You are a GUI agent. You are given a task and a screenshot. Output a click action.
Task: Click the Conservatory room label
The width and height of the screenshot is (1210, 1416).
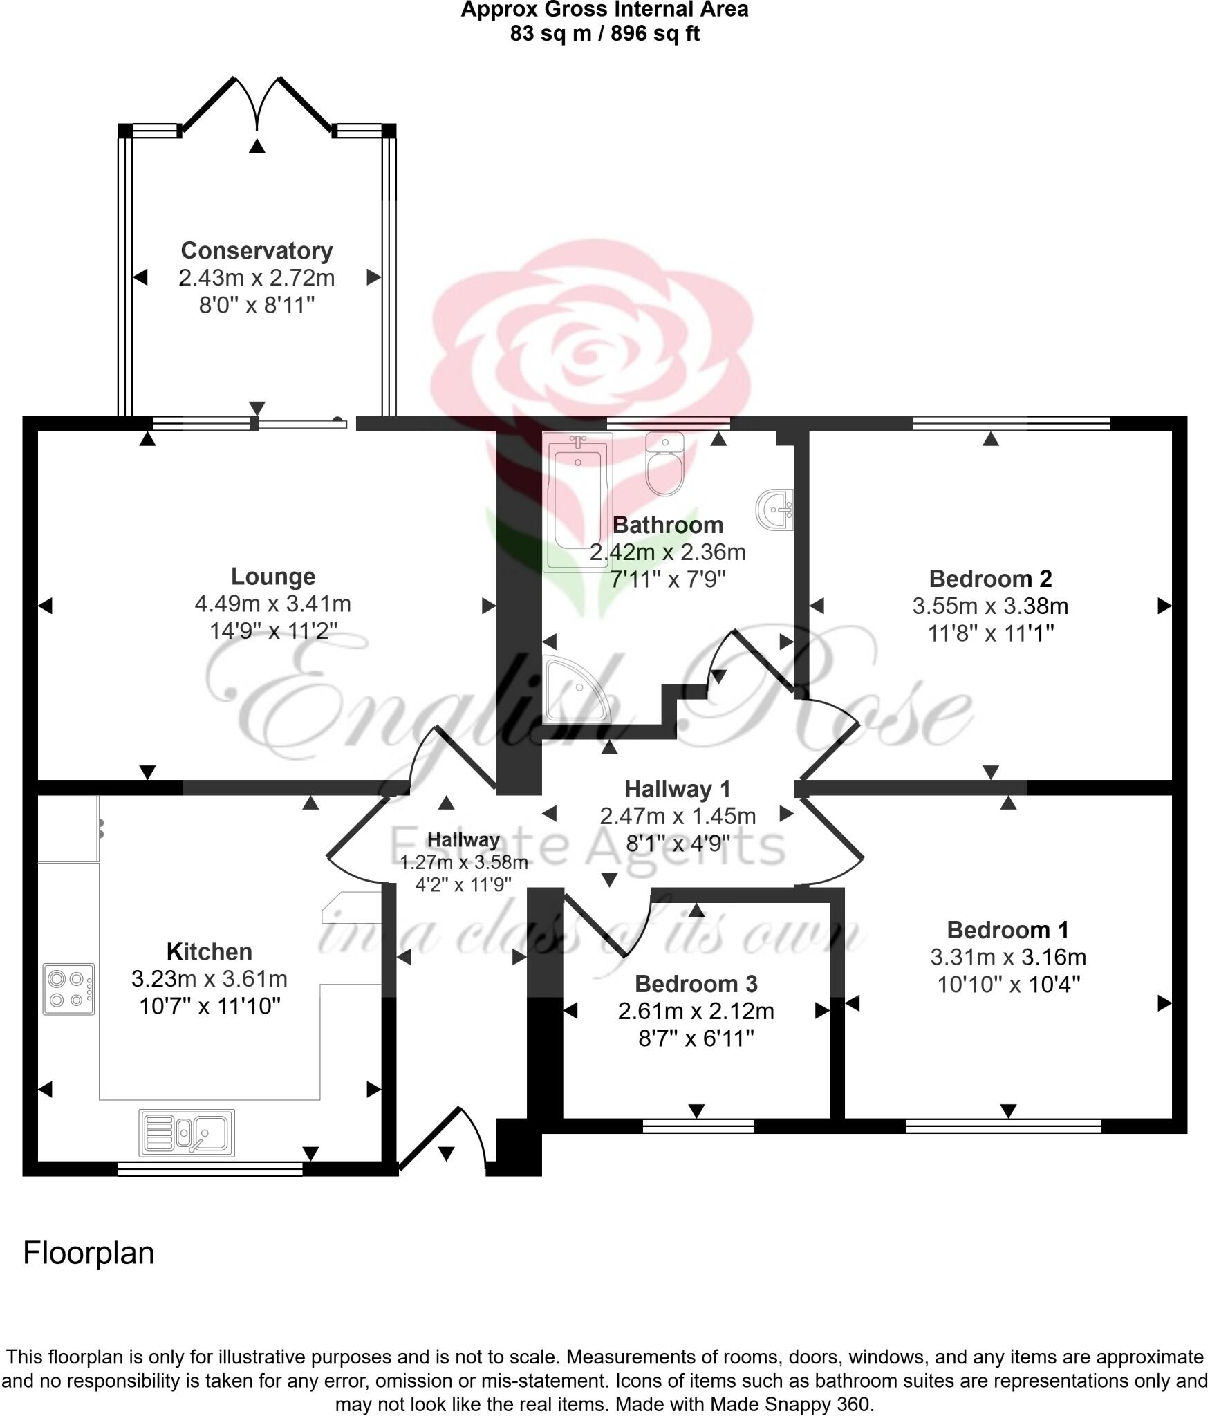click(x=257, y=250)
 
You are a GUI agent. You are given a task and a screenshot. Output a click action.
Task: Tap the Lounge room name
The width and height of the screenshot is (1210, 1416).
click(x=273, y=576)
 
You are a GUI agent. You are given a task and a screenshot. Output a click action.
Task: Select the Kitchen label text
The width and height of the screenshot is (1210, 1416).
click(x=210, y=951)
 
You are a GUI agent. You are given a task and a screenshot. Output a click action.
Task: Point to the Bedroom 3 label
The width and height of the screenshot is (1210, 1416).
click(x=696, y=983)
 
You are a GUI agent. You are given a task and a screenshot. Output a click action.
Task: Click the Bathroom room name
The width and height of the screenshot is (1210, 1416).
click(x=668, y=525)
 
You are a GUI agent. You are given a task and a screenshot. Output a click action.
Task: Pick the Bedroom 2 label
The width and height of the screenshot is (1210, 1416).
click(x=990, y=578)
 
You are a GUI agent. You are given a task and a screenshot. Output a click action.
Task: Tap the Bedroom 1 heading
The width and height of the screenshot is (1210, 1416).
click(x=1008, y=929)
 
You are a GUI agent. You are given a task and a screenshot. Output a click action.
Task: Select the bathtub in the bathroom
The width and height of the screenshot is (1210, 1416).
click(x=577, y=503)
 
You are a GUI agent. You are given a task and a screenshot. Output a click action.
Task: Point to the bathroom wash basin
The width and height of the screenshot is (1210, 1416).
click(x=776, y=510)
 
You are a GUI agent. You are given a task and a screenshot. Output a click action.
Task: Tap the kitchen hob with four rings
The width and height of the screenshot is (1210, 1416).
click(x=68, y=989)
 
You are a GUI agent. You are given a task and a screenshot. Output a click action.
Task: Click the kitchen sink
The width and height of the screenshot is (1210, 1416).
click(x=187, y=1133)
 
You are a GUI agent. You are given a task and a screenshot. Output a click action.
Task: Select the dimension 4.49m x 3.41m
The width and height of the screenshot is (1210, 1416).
click(x=273, y=604)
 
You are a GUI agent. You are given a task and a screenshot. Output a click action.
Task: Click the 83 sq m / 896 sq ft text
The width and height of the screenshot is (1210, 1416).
click(x=605, y=33)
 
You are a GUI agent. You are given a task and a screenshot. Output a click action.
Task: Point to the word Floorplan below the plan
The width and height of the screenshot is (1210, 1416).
click(x=89, y=1254)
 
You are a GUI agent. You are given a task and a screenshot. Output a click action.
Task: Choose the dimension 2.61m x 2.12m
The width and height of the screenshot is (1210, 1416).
click(x=696, y=1011)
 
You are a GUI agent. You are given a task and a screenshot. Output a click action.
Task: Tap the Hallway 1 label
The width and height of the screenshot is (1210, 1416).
click(x=678, y=788)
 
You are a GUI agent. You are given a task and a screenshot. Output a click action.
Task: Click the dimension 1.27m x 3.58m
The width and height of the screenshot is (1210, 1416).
click(x=464, y=863)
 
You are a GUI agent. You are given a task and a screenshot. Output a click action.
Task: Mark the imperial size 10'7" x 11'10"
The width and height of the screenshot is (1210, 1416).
click(x=210, y=1006)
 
